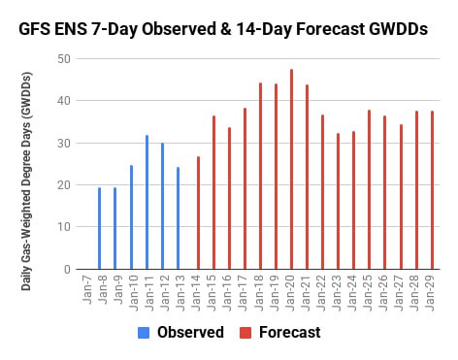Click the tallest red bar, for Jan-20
tap(291, 169)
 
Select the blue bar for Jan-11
tap(147, 202)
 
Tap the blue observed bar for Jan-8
tap(99, 228)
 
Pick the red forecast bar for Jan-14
tap(198, 213)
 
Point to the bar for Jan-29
tap(432, 190)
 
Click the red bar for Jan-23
tap(339, 201)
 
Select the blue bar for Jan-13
tap(178, 218)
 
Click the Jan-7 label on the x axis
tap(87, 290)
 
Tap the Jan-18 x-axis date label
tap(259, 293)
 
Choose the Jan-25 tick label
tap(368, 293)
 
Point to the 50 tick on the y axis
tap(64, 59)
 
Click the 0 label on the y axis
tap(67, 269)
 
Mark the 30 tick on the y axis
tap(64, 144)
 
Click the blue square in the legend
tap(144, 333)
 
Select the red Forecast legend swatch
tap(245, 333)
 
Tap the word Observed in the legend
tap(190, 332)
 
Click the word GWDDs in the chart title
tap(398, 29)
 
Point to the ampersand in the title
tap(226, 29)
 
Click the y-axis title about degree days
tap(26, 181)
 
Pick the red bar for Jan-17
tap(245, 188)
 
